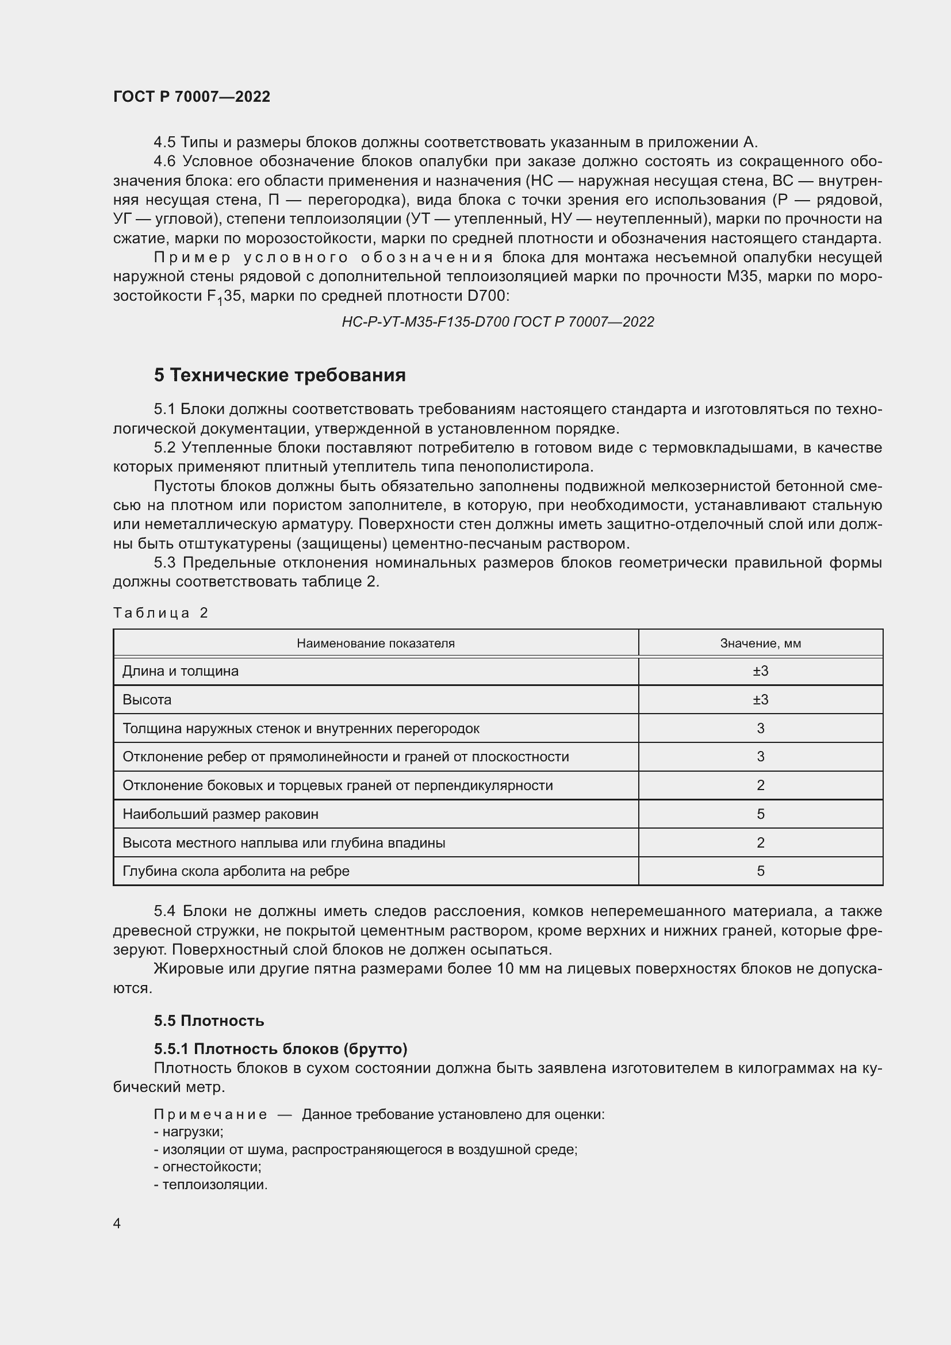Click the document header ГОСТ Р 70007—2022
pos(191,97)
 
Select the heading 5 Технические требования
pos(279,375)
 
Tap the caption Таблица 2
pos(160,613)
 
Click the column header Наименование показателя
pos(375,643)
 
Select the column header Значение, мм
pos(760,643)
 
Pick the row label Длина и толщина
pos(181,670)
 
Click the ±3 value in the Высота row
pos(760,699)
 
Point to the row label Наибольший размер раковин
pos(220,814)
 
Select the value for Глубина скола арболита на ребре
pos(760,871)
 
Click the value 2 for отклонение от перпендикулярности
pos(760,785)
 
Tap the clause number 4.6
pos(164,161)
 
